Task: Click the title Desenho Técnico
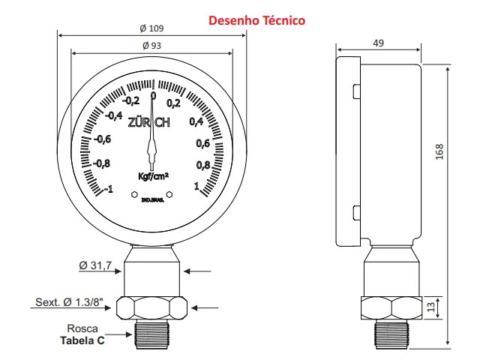pyautogui.click(x=256, y=20)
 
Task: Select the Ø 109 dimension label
pyautogui.click(x=152, y=28)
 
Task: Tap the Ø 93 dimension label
pyautogui.click(x=152, y=46)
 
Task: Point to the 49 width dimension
pyautogui.click(x=378, y=43)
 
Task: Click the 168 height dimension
pyautogui.click(x=440, y=151)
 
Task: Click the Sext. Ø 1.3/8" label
pyautogui.click(x=68, y=303)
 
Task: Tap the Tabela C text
pyautogui.click(x=82, y=340)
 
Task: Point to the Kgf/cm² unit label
pyautogui.click(x=153, y=177)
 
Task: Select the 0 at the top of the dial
pyautogui.click(x=153, y=96)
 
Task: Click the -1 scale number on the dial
pyautogui.click(x=108, y=189)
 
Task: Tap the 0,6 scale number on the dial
pyautogui.click(x=202, y=143)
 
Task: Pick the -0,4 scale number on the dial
pyautogui.click(x=114, y=115)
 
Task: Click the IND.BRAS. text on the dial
pyautogui.click(x=152, y=200)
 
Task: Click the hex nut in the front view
pyautogui.click(x=153, y=307)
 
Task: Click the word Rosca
pyautogui.click(x=82, y=328)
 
